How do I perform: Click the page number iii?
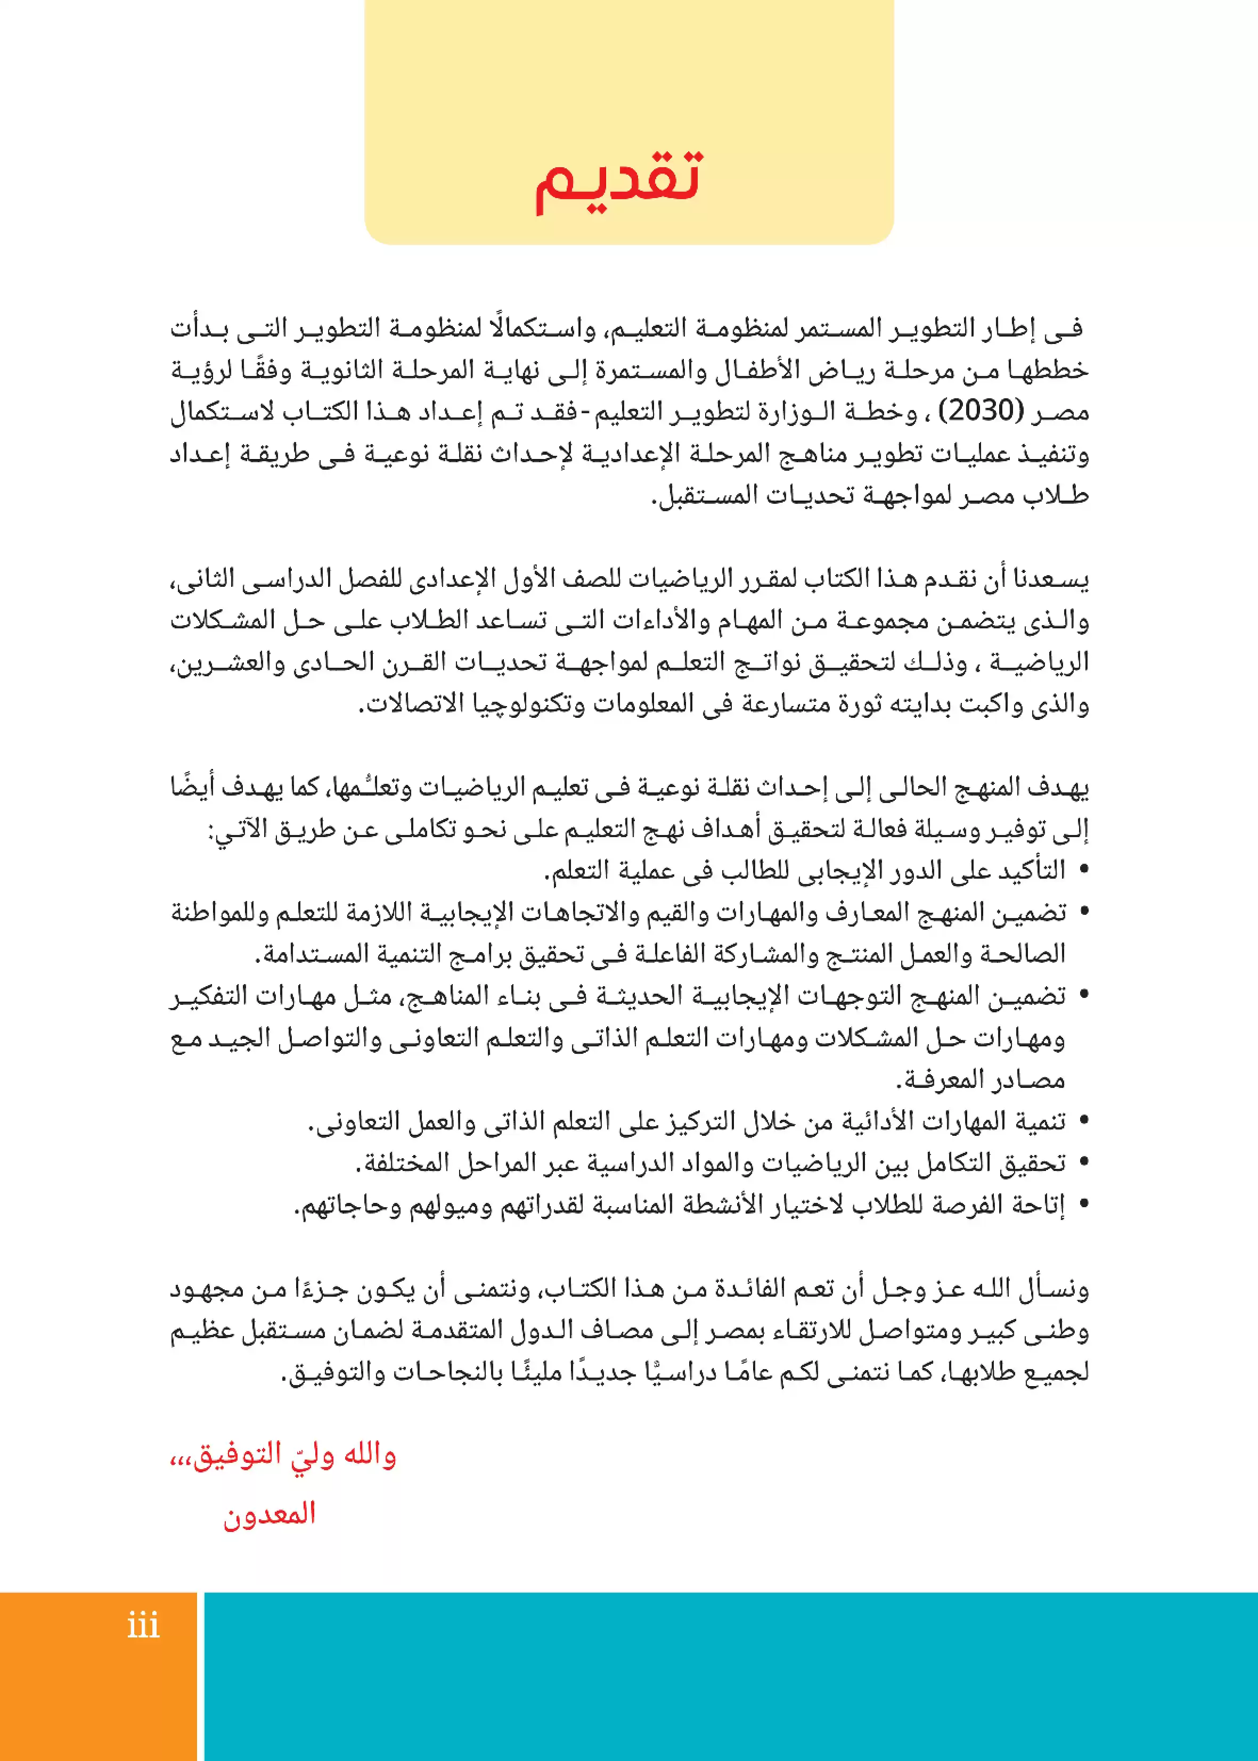tap(143, 1625)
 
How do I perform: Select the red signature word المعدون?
tap(269, 1513)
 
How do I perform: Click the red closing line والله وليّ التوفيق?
tap(283, 1456)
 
